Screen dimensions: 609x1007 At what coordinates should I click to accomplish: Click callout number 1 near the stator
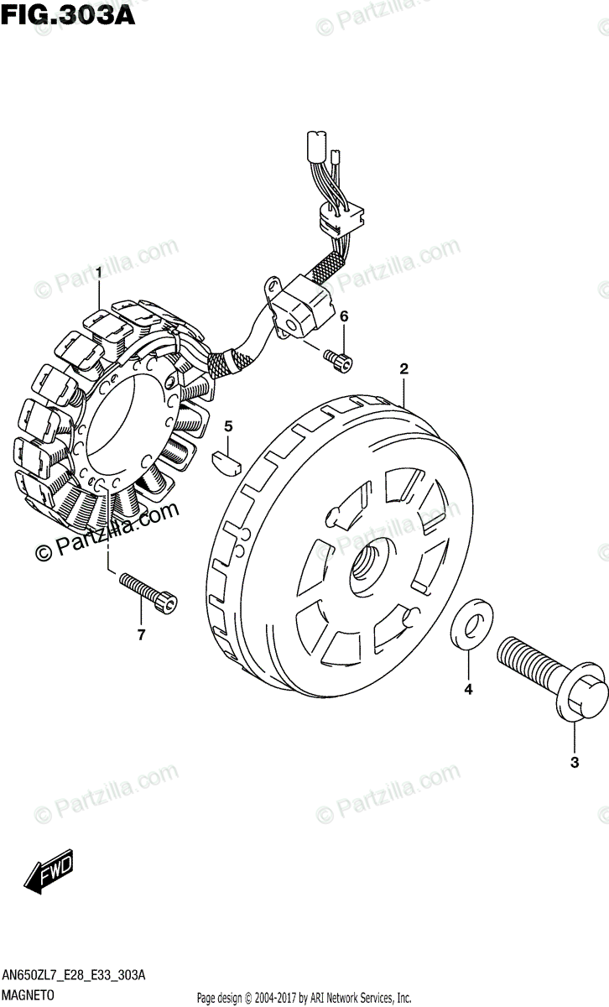99,274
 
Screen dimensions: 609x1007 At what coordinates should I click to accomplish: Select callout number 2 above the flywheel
403,369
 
